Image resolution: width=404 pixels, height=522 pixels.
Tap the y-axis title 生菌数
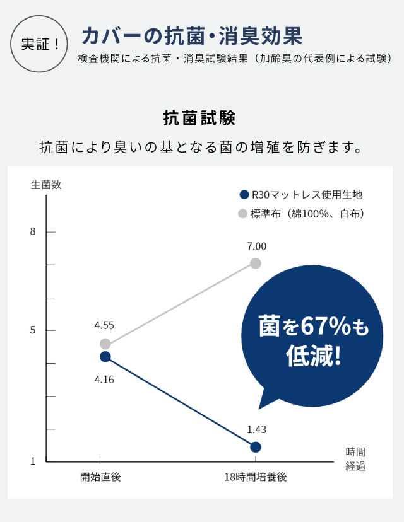point(46,185)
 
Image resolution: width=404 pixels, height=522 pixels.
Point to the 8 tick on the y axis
point(33,232)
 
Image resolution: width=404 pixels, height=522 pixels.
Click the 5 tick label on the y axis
point(33,330)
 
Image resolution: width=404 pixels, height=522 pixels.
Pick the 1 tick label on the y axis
point(33,461)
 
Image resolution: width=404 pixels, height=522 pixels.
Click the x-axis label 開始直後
point(100,477)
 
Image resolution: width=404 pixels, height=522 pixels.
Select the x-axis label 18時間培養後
point(255,477)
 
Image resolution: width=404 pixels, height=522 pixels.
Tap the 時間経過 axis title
point(355,459)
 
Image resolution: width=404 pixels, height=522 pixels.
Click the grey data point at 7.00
point(256,263)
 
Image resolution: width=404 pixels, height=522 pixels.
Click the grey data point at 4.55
point(105,344)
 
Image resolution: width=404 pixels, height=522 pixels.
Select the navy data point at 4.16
point(105,356)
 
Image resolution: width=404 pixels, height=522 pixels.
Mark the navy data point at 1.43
point(256,447)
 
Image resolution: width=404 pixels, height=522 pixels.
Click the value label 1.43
point(257,429)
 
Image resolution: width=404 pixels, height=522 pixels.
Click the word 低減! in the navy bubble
point(314,357)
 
